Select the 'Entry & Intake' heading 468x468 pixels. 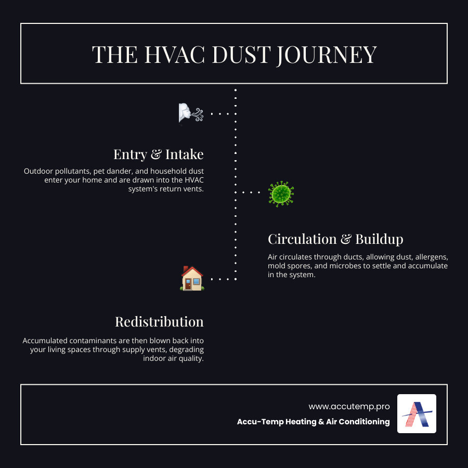(158, 154)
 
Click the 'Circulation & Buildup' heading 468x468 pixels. (335, 239)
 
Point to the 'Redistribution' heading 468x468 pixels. (159, 321)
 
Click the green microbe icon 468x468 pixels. (281, 193)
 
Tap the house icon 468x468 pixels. (192, 278)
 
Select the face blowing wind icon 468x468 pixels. (190, 113)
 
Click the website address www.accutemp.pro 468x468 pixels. (349, 406)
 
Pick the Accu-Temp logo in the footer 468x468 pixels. (417, 413)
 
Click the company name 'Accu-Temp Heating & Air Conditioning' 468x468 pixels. (313, 422)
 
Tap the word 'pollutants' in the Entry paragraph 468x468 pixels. (68, 171)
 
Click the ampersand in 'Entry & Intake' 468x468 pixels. (154, 154)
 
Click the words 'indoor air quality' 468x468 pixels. (173, 359)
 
